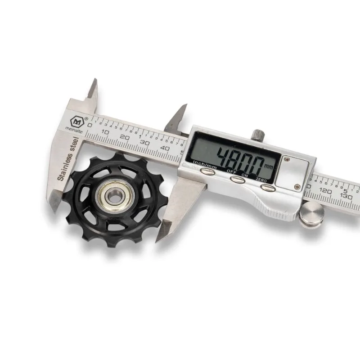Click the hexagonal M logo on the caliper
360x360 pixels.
click(x=76, y=121)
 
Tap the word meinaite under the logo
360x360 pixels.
click(x=74, y=130)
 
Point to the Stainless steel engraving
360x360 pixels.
click(x=68, y=159)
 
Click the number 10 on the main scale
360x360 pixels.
click(x=105, y=132)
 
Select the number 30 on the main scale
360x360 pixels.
click(x=145, y=142)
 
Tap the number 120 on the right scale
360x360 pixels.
click(x=325, y=190)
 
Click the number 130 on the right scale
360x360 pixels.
click(x=346, y=196)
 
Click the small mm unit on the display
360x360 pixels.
click(x=269, y=166)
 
